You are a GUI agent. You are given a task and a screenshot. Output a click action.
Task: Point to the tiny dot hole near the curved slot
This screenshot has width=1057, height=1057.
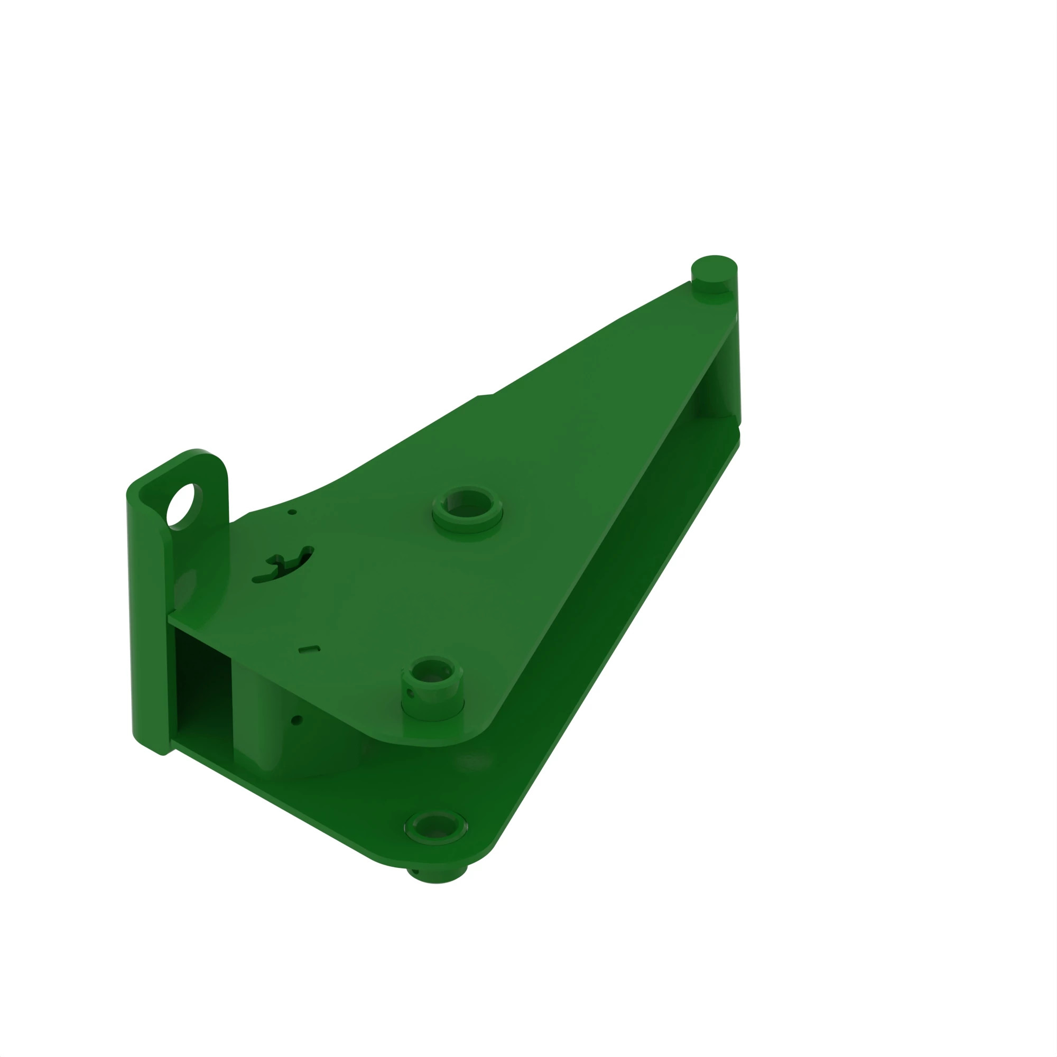[x=292, y=512]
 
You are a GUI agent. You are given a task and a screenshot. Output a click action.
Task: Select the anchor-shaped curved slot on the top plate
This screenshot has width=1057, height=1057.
[x=284, y=567]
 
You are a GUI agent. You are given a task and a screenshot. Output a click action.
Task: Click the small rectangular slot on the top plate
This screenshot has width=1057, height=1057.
[x=309, y=650]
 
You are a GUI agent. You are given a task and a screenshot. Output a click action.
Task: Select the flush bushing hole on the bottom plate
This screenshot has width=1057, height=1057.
[x=435, y=827]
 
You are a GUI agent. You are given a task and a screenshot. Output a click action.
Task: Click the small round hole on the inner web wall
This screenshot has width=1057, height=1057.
[x=296, y=720]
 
